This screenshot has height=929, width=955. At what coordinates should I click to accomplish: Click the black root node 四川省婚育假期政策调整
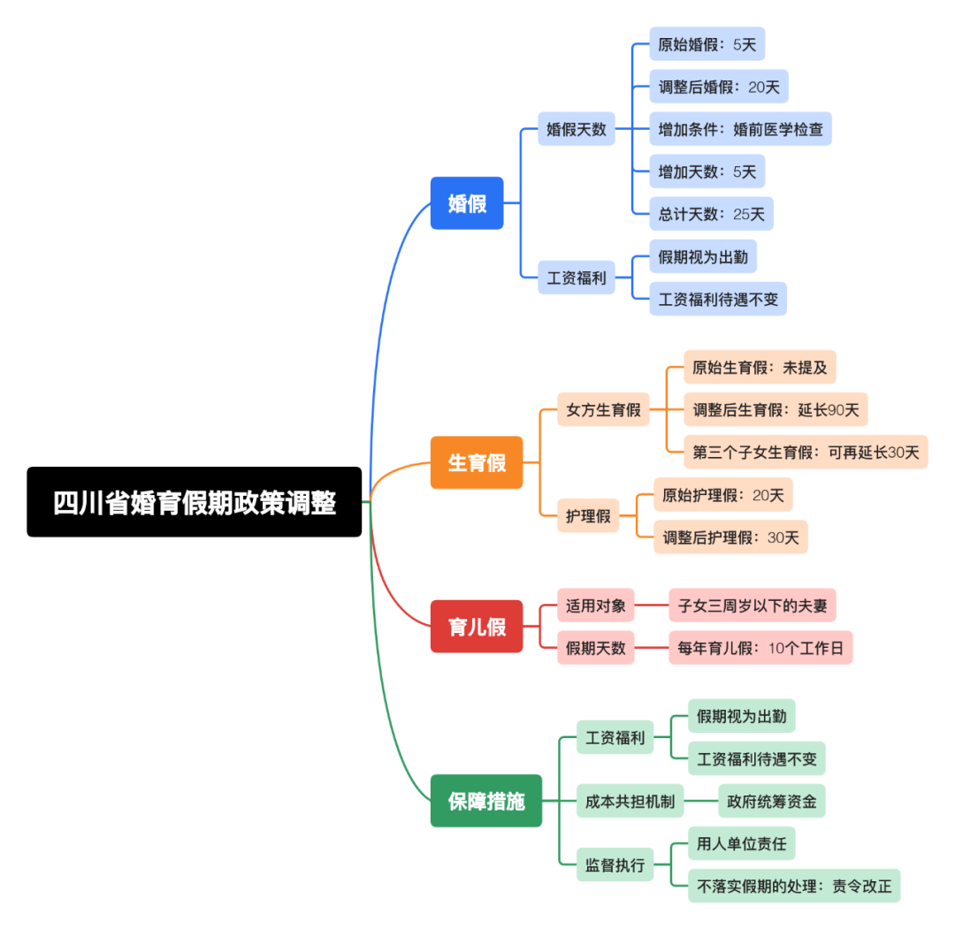tap(195, 502)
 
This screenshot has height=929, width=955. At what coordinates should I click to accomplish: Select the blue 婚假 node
tap(467, 203)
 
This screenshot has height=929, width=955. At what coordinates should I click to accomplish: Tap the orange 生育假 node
tap(477, 462)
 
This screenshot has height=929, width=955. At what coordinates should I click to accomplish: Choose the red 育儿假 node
tap(477, 627)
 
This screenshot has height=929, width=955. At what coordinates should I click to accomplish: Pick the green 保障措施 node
tap(486, 801)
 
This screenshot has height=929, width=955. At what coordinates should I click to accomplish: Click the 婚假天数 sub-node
tap(577, 129)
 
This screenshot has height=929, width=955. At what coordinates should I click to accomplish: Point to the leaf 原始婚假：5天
tap(707, 43)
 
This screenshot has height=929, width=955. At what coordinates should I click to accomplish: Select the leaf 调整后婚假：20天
tap(718, 87)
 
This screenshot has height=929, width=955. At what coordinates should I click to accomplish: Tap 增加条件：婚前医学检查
tap(740, 129)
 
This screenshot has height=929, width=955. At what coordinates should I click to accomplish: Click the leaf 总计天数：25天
tap(711, 214)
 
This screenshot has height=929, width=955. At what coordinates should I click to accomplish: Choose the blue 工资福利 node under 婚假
tap(577, 278)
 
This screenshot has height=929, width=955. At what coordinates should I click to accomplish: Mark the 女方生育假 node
tap(603, 410)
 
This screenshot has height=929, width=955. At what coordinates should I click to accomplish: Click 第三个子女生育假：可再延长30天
tap(806, 453)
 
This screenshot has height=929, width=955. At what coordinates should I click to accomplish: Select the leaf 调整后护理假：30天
tap(730, 537)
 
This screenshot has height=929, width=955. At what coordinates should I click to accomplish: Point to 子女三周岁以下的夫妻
tap(753, 605)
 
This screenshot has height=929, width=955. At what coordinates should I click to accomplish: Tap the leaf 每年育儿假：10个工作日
tap(760, 648)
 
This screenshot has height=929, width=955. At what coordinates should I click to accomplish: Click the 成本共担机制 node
tap(630, 802)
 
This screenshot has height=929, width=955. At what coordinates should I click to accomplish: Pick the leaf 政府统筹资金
tap(771, 802)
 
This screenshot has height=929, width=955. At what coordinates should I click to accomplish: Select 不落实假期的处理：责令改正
tap(794, 886)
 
